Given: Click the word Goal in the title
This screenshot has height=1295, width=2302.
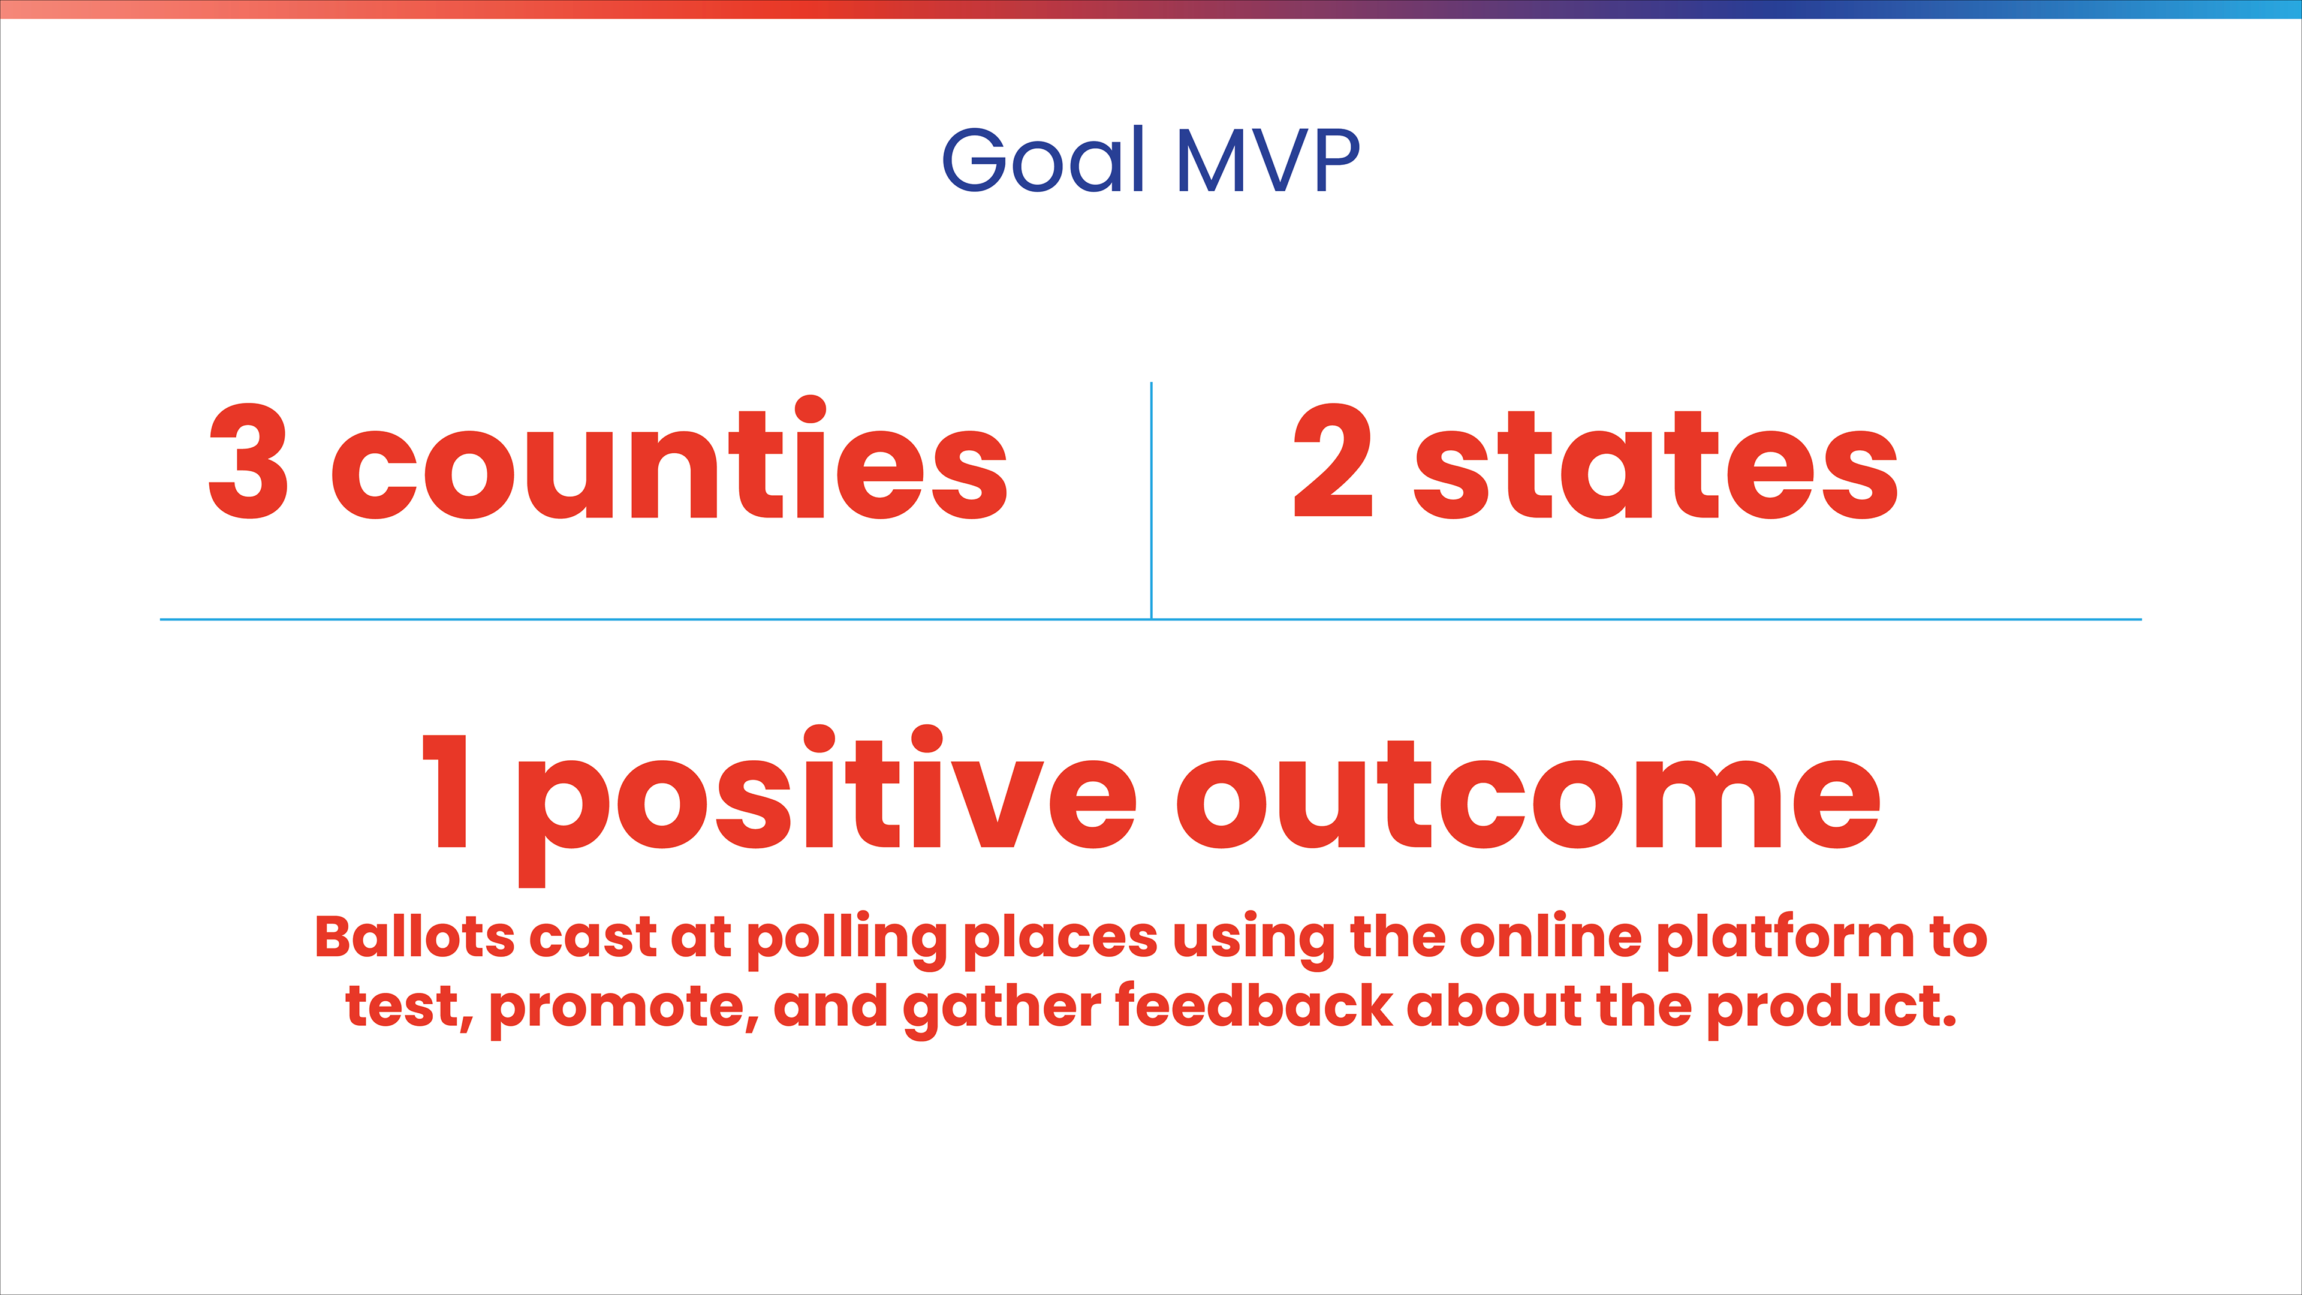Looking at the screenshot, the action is [1044, 159].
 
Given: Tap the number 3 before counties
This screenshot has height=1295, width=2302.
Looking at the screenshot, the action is [248, 460].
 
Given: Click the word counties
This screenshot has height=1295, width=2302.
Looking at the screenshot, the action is [670, 457].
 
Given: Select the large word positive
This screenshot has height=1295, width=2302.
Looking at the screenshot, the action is [827, 805].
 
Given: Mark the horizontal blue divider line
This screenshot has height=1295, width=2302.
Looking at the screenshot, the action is [1151, 619].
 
